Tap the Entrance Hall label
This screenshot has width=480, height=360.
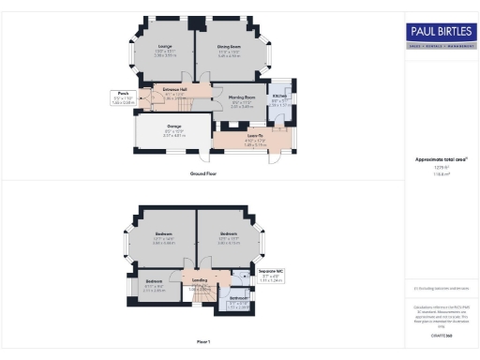pos(175,91)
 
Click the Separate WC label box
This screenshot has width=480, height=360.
pos(244,277)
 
